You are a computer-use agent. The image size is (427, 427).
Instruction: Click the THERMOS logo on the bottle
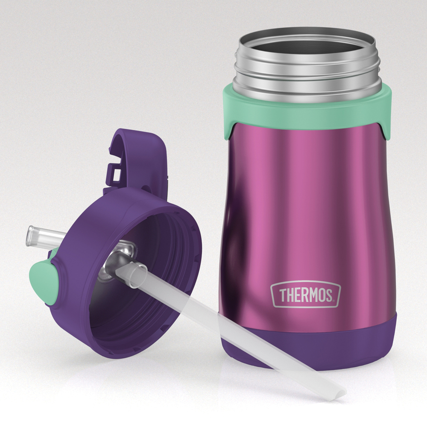click(305, 295)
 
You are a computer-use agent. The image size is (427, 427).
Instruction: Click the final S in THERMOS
click(328, 295)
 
